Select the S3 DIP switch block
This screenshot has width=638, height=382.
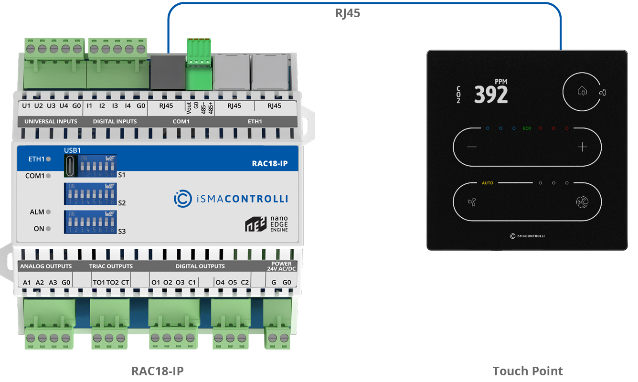91,222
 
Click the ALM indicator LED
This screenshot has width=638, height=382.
48,212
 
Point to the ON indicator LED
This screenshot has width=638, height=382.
48,229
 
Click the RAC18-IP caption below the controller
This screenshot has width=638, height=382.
158,371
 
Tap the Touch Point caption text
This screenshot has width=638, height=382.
528,371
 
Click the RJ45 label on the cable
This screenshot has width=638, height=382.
348,13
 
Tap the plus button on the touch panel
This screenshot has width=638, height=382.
582,147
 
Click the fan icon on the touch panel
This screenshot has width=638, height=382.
472,202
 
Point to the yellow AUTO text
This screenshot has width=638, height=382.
488,183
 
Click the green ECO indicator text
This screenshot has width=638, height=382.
527,128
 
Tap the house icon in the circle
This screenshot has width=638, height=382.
582,90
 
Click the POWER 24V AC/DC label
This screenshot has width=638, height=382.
281,266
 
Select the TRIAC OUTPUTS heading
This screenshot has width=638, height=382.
111,266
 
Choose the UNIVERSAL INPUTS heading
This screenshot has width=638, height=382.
51,121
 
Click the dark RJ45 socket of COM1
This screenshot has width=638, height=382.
167,72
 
